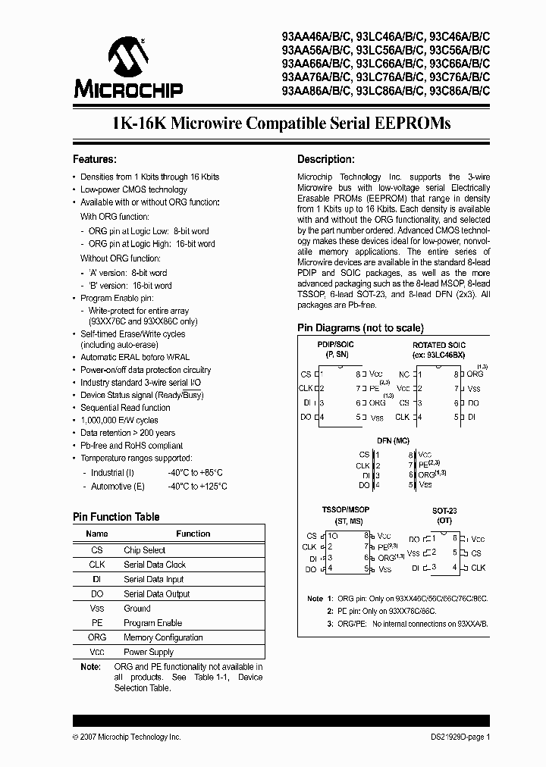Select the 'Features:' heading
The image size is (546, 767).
[94, 159]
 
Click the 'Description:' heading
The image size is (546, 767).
[325, 159]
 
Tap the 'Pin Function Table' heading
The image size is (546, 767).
[116, 517]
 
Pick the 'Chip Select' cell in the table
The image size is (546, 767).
[144, 550]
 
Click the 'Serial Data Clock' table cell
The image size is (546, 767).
[155, 565]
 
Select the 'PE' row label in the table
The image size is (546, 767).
[97, 623]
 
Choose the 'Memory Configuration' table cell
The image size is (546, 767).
[163, 637]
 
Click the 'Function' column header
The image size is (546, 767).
[193, 534]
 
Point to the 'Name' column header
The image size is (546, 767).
[97, 534]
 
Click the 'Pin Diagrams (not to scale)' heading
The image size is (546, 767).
[360, 328]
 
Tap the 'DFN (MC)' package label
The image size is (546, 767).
[394, 440]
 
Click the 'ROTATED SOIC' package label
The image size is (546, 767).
[439, 345]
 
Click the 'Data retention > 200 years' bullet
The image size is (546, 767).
[127, 433]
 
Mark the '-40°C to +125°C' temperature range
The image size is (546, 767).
[197, 486]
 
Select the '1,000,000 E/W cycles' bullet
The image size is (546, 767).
[119, 420]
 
